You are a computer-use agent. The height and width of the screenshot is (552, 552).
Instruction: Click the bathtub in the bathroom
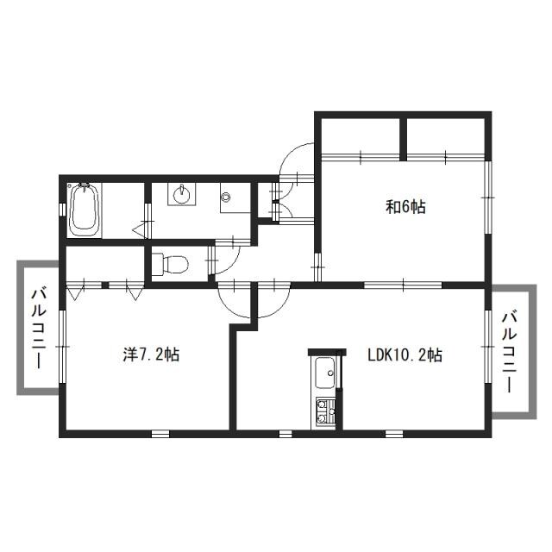click(x=84, y=209)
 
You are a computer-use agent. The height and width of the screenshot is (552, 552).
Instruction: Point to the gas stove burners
click(x=325, y=411)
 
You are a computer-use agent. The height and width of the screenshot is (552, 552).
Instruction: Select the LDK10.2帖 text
click(x=404, y=354)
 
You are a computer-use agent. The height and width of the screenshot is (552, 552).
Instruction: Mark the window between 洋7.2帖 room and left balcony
click(x=61, y=342)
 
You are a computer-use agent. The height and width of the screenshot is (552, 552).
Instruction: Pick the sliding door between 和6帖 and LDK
click(x=401, y=284)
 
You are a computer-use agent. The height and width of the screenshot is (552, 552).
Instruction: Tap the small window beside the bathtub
click(x=61, y=210)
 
